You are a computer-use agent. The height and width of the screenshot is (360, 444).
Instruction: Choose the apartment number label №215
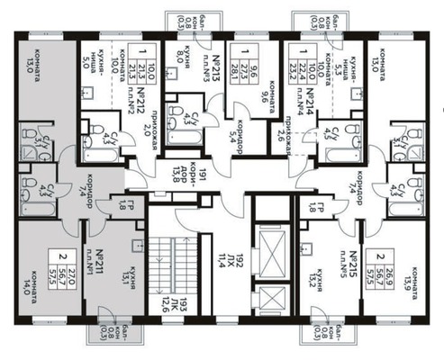point(357,260)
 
